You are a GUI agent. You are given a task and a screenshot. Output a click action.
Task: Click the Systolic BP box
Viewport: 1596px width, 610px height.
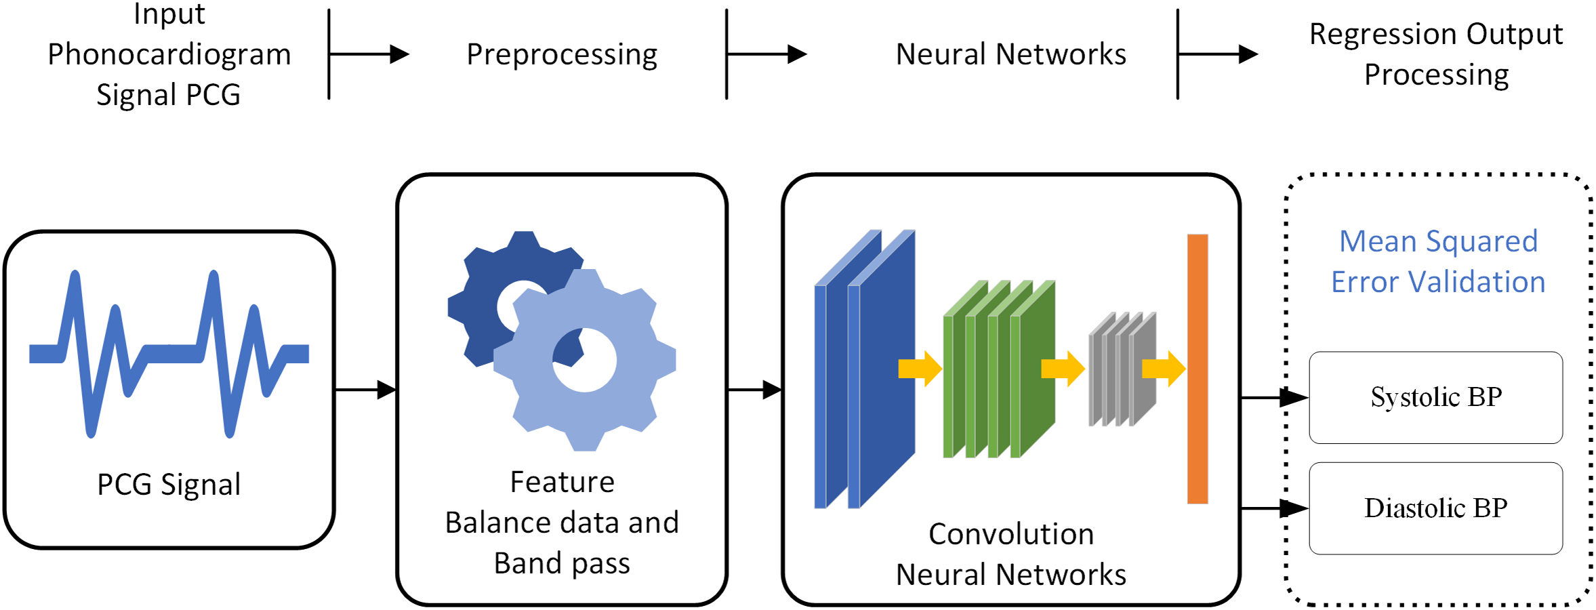[1435, 397]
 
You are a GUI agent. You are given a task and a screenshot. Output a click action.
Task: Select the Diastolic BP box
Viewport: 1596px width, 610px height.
[1435, 508]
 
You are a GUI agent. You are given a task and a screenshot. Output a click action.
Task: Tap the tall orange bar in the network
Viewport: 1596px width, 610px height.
[1198, 369]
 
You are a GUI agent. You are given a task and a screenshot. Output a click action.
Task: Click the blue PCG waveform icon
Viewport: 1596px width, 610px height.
[169, 352]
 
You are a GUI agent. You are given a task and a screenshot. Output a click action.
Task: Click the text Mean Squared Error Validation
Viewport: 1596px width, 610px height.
[1438, 262]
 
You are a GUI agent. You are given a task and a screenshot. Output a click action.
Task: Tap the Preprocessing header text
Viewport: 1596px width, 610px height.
[562, 54]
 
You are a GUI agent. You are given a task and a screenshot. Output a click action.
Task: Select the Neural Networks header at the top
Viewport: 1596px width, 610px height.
[1010, 54]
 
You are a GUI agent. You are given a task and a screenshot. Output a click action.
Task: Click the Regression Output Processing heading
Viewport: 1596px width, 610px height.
[1436, 54]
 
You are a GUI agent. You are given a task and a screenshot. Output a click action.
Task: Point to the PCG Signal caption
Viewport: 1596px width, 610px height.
[169, 485]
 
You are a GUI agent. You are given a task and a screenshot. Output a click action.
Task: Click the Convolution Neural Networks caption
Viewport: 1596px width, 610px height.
[1010, 554]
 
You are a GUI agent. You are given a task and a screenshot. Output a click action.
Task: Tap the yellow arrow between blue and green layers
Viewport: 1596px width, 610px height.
[920, 369]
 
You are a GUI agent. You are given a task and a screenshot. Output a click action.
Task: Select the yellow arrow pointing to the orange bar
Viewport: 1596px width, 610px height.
[1163, 369]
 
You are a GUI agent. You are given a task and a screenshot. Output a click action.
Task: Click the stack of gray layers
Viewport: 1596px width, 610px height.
[1122, 369]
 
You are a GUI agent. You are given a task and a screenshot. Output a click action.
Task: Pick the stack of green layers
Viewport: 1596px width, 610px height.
[999, 369]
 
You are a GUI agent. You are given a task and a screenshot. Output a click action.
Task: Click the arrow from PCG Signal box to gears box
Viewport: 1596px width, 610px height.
[365, 390]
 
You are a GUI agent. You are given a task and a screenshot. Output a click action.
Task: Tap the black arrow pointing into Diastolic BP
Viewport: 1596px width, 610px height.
[1274, 508]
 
